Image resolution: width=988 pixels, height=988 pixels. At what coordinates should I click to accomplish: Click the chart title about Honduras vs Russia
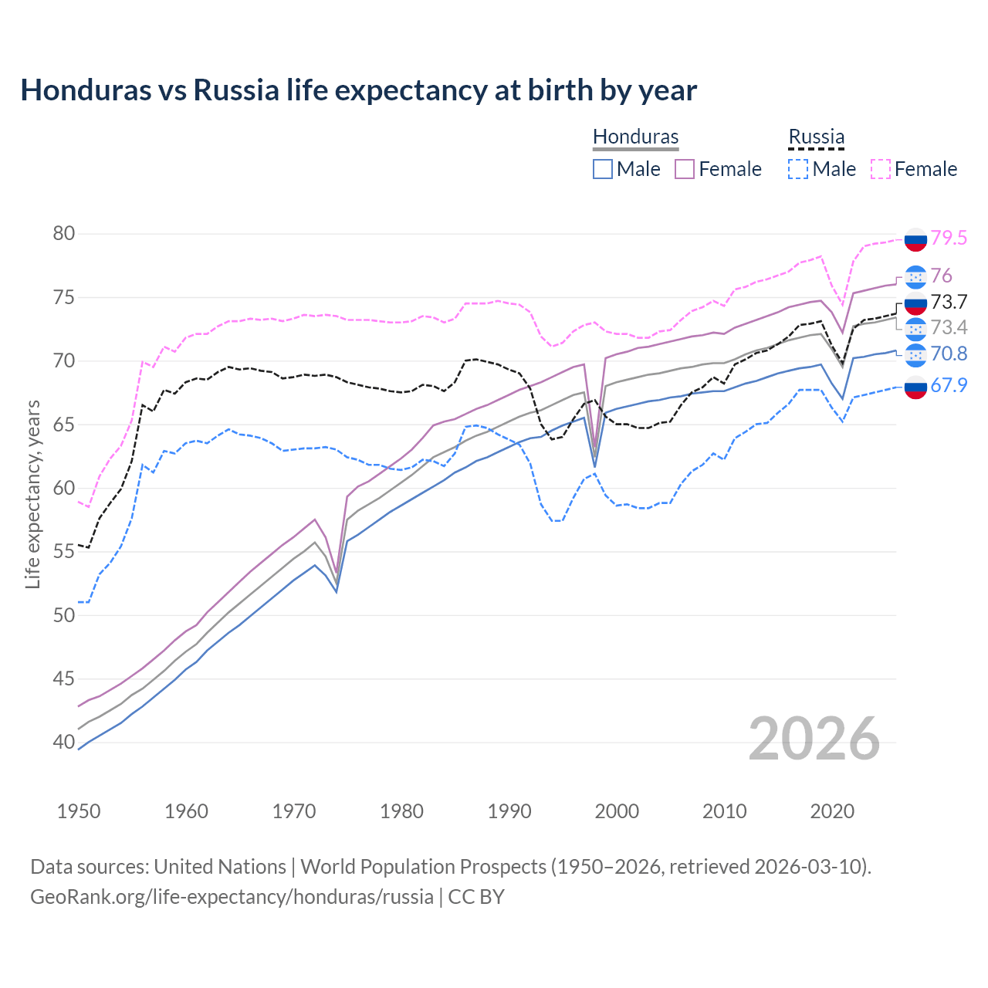coord(358,90)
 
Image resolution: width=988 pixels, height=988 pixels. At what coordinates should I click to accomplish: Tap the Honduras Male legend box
coord(603,169)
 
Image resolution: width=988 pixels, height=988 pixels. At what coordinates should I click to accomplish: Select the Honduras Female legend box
coord(685,169)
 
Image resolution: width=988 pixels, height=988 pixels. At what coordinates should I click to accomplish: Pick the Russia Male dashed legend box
coord(798,169)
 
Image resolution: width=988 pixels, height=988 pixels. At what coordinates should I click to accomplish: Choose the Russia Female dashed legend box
coord(881,169)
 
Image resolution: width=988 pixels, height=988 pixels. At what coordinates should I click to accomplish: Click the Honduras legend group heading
coord(635,137)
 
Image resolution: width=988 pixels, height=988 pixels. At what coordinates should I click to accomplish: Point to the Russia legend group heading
coord(816,137)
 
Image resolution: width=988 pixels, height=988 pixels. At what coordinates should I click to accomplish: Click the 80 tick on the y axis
coord(63,234)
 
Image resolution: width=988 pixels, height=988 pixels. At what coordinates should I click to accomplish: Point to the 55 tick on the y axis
coord(63,552)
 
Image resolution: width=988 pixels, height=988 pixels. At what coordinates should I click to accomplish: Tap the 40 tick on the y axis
coord(63,743)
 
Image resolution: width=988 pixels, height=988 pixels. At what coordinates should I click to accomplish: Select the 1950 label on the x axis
coord(79,811)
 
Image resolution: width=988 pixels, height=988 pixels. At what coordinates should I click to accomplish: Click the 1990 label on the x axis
coord(509,811)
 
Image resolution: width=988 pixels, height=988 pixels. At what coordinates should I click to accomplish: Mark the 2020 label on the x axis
coord(832,811)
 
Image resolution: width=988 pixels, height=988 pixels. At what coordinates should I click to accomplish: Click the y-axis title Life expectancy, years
coord(32,494)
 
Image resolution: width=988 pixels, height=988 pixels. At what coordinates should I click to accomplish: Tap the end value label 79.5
coord(949,239)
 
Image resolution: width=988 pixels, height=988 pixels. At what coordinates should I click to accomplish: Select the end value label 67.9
coord(949,385)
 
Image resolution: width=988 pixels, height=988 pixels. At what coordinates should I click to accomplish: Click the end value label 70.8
coord(949,354)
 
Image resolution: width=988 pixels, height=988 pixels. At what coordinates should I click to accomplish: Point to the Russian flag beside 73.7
coord(915,303)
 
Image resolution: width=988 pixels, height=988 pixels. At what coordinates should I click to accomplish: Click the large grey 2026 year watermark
coord(814,739)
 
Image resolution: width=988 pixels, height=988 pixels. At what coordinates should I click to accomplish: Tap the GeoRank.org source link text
coord(232,897)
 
